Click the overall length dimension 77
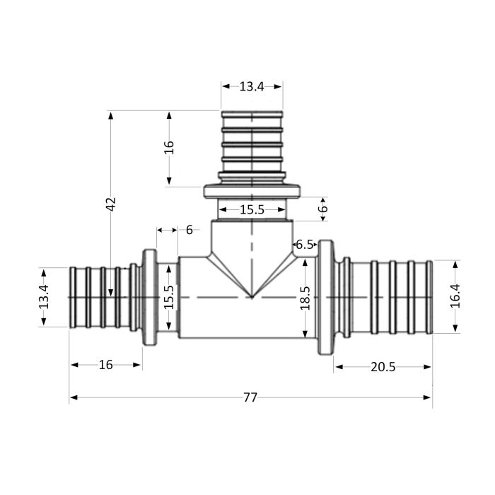[x=250, y=397]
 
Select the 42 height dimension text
[x=110, y=204]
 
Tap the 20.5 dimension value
[x=382, y=366]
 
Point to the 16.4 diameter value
[x=455, y=296]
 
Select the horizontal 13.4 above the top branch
[x=251, y=86]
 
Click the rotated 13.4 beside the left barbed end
[x=44, y=297]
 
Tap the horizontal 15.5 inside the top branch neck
[x=251, y=210]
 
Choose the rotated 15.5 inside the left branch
[x=168, y=298]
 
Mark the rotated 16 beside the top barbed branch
[x=168, y=147]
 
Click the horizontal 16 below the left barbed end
[x=105, y=365]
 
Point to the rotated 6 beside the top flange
[x=323, y=209]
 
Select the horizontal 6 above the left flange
[x=189, y=230]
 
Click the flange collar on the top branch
[x=252, y=191]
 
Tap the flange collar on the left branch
[x=149, y=297]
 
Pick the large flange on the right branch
[x=325, y=297]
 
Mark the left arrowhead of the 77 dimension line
[x=73, y=397]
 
